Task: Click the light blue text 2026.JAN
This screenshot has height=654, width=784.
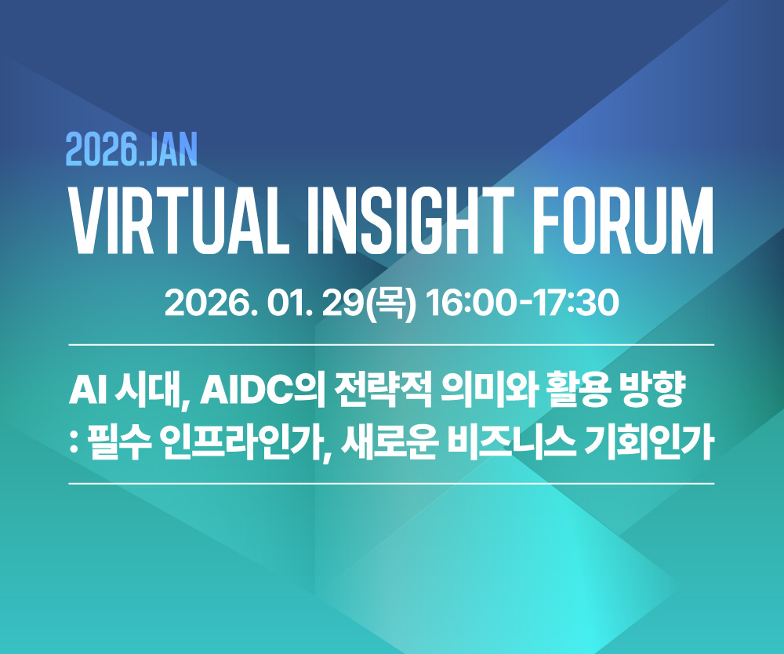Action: (132, 150)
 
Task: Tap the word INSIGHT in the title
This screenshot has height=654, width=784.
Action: (411, 220)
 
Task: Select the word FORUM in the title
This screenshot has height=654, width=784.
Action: (626, 220)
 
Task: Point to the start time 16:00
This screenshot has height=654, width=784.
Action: (471, 303)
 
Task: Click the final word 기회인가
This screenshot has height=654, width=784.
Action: (648, 444)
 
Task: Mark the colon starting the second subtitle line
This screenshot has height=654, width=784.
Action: (74, 444)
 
